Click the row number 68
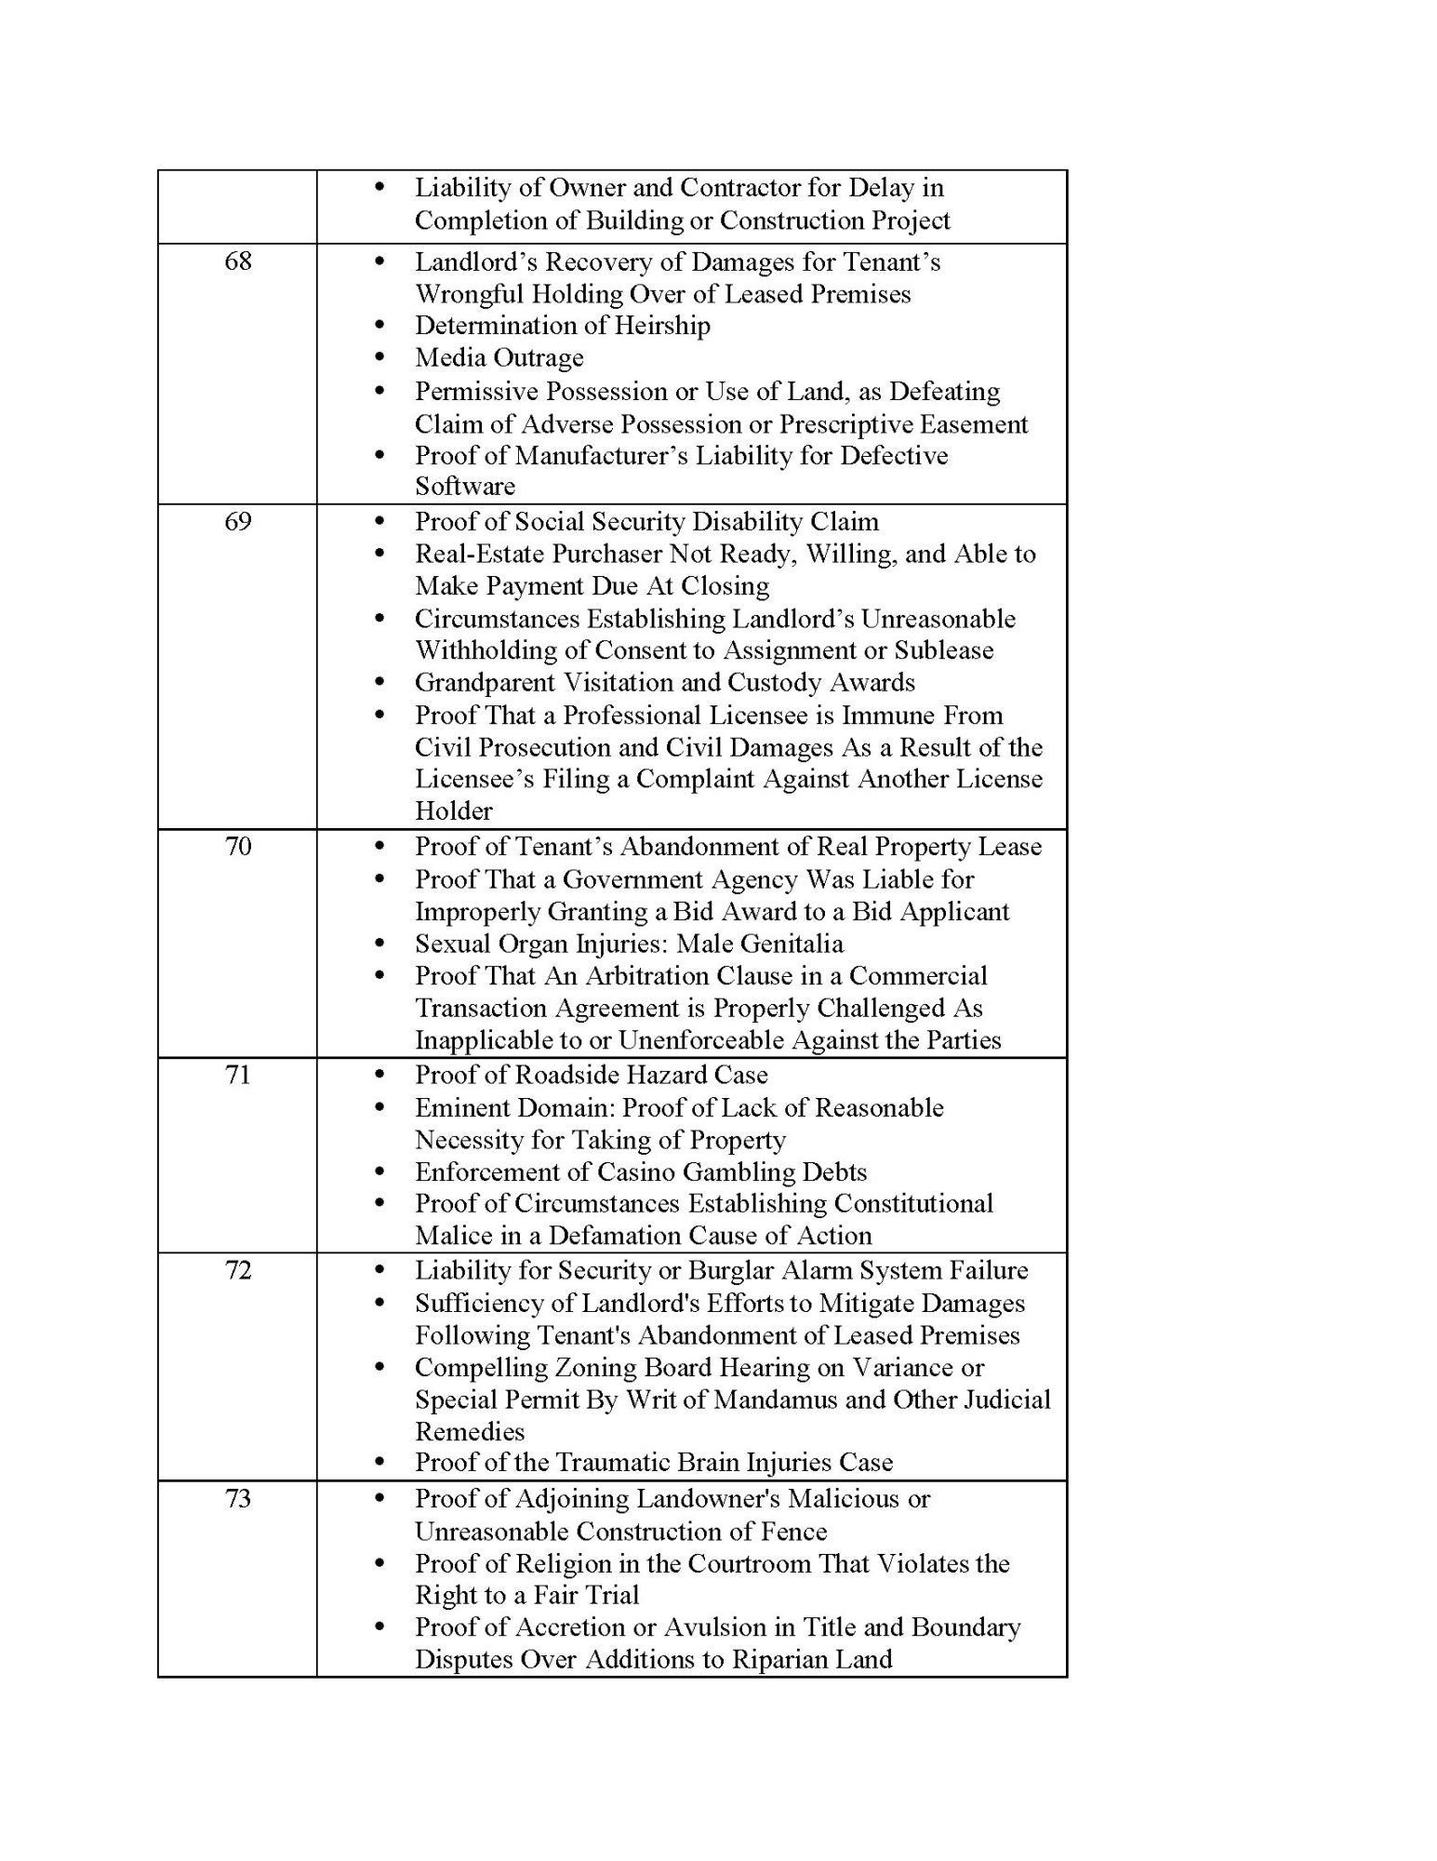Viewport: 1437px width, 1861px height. click(x=238, y=261)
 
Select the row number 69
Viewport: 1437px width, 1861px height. click(x=238, y=521)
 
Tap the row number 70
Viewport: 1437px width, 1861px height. click(x=238, y=846)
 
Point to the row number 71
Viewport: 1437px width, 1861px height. click(x=238, y=1075)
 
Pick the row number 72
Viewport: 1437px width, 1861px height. click(x=238, y=1270)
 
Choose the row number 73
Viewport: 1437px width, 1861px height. click(x=238, y=1499)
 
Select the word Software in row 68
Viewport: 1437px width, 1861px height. click(x=464, y=487)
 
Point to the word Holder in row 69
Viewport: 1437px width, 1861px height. click(x=454, y=810)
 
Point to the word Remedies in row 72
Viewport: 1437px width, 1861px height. click(x=470, y=1431)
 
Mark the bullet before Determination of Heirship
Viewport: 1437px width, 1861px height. click(x=379, y=326)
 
